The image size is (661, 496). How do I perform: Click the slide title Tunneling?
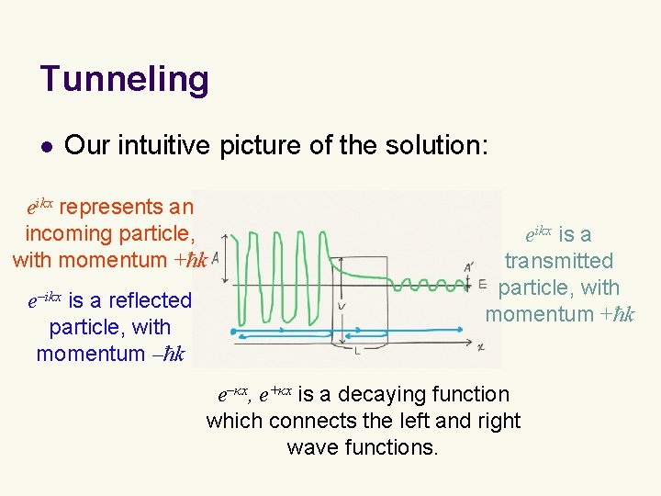pos(124,79)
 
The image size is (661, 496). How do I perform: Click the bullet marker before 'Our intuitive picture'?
pos(45,145)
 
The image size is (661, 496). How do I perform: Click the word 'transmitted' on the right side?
pos(558,261)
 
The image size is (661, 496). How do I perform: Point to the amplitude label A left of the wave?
pos(216,259)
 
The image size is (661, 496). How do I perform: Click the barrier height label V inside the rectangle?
pos(342,306)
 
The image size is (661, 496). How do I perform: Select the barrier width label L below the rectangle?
pos(359,352)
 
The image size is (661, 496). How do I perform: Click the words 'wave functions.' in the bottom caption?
pos(363,447)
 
